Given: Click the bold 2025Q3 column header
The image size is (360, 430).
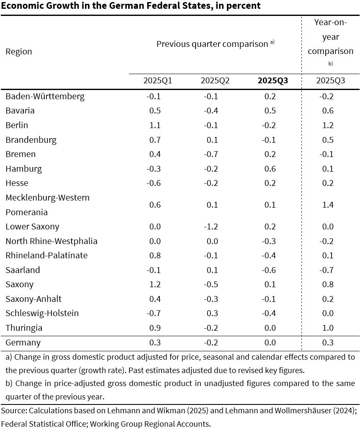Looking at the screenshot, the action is (273, 81).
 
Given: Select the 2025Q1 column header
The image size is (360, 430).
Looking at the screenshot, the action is (158, 81).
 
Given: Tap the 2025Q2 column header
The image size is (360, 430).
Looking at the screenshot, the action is (215, 81).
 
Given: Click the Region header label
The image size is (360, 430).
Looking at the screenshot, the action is (19, 52).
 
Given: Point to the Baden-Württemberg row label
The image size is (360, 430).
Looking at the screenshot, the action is (45, 97).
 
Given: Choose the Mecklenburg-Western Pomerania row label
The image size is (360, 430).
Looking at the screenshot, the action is (47, 205).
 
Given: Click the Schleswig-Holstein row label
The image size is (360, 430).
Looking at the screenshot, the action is (42, 313).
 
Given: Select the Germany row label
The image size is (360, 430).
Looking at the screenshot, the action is (23, 343).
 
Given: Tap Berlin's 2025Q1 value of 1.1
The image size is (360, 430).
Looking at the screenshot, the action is (155, 125).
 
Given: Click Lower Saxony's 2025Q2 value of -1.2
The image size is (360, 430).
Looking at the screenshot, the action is (211, 227).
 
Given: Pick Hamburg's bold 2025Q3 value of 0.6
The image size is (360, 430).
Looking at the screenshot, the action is (270, 169).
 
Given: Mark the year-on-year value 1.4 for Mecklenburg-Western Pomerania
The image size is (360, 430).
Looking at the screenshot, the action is (328, 205).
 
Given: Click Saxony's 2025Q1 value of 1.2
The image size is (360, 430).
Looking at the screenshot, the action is (155, 284).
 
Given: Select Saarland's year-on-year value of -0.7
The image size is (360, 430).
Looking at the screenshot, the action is (327, 270).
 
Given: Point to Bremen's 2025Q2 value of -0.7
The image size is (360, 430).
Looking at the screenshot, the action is (211, 154).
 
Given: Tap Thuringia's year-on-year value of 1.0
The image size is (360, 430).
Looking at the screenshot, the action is (328, 328).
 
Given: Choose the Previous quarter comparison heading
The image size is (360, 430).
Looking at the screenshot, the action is (212, 44).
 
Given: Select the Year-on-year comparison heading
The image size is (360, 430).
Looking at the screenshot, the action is (330, 37).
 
